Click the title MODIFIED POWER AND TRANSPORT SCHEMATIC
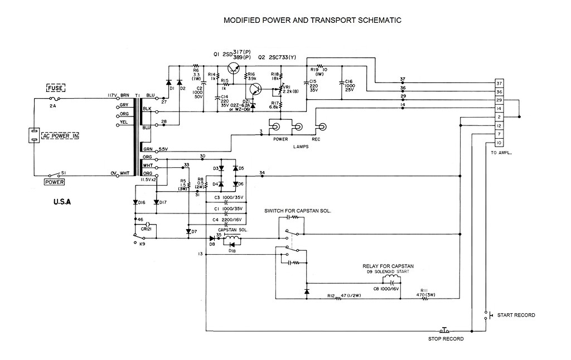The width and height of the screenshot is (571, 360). tap(312, 21)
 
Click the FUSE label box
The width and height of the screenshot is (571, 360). tap(56, 88)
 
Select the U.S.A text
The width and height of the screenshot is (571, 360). tap(58, 202)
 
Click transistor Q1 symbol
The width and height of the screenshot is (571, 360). tap(235, 69)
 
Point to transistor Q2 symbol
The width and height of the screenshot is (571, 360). tap(256, 89)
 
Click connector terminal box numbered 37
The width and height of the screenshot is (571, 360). tap(500, 84)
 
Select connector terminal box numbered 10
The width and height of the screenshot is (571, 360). tap(500, 143)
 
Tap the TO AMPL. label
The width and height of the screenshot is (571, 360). tap(501, 152)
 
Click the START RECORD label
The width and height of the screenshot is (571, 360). tap(516, 315)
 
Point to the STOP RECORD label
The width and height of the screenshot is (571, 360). tap(446, 338)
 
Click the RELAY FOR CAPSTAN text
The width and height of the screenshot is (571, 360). tap(388, 266)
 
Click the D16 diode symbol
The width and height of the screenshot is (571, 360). tap(136, 202)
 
